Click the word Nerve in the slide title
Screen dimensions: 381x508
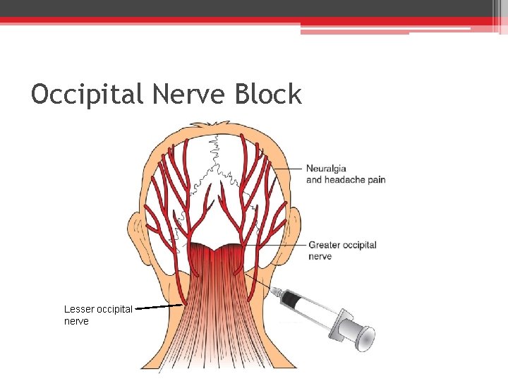(x=186, y=94)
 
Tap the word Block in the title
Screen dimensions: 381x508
(x=269, y=94)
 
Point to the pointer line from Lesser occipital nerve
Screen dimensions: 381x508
(x=158, y=308)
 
